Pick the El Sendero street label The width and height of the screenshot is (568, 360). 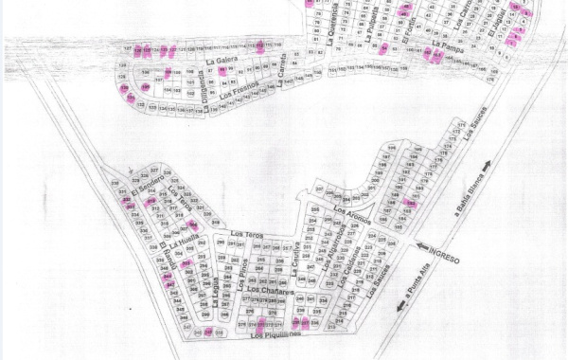(149, 192)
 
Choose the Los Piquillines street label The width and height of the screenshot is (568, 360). (275, 335)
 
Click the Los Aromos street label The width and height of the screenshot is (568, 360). (352, 216)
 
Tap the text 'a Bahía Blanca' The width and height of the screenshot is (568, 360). (478, 195)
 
